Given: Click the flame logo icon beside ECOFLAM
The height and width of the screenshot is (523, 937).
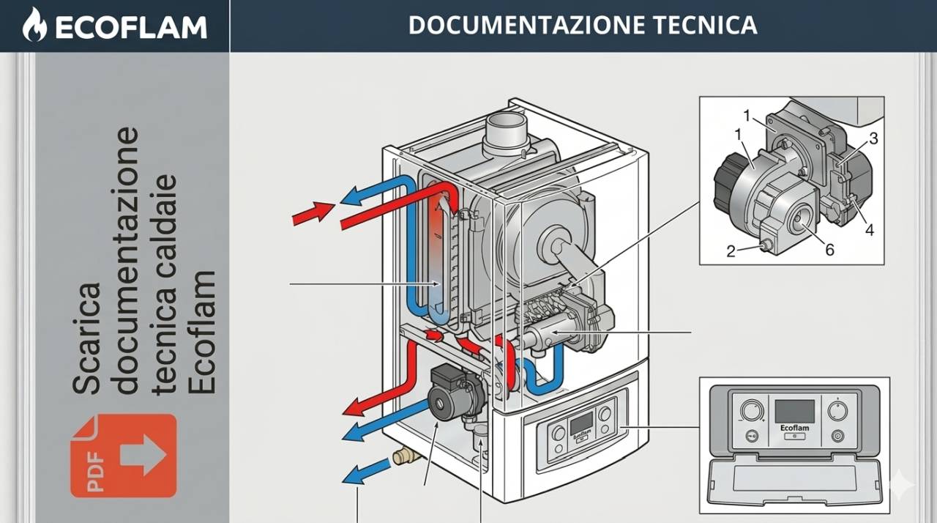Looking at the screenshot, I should pos(33,25).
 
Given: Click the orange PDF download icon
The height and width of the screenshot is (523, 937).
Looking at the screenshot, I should pos(123,456).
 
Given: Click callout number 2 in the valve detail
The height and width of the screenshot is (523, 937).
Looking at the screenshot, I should pos(731,251).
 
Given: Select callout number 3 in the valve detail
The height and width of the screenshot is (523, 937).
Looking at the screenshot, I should pos(873,138).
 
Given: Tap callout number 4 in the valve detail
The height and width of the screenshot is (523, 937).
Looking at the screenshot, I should pos(869,230).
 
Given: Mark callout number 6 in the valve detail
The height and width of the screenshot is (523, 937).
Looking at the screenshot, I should pos(829,250).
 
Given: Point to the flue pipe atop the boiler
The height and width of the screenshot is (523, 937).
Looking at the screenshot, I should pos(507,132).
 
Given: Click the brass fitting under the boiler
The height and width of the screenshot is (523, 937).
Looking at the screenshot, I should pos(406,457).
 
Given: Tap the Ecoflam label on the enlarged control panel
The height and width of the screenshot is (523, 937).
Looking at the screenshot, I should pos(794,428).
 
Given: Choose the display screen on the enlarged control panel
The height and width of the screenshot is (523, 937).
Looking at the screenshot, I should pos(794,411).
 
